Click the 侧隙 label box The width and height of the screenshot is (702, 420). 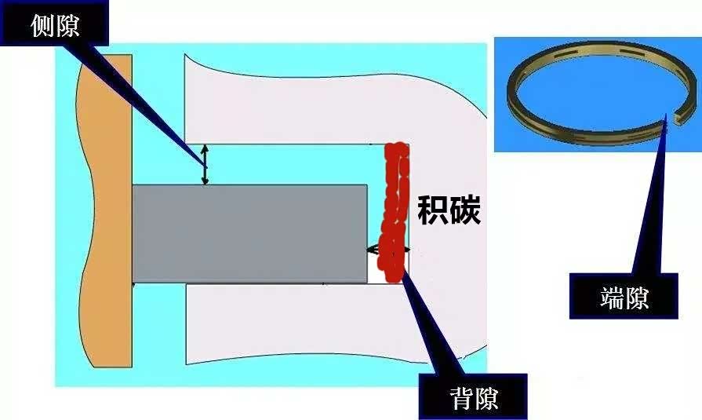pyautogui.click(x=54, y=23)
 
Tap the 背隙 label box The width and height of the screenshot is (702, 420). pyautogui.click(x=473, y=396)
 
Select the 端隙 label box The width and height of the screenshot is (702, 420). pyautogui.click(x=624, y=296)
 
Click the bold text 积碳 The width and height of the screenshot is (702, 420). pyautogui.click(x=449, y=210)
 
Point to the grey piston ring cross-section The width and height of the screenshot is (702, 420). pyautogui.click(x=250, y=233)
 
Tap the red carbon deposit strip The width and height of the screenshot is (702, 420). pyautogui.click(x=394, y=213)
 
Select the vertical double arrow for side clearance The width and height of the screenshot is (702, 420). pyautogui.click(x=205, y=165)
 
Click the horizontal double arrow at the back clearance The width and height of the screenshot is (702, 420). pyautogui.click(x=387, y=250)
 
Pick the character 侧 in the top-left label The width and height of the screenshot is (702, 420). pyautogui.click(x=42, y=25)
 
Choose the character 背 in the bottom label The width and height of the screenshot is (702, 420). pyautogui.click(x=461, y=398)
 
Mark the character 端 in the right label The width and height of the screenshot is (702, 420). pyautogui.click(x=612, y=298)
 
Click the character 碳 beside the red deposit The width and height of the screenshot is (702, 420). pyautogui.click(x=466, y=210)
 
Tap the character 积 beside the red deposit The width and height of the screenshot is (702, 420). pyautogui.click(x=433, y=210)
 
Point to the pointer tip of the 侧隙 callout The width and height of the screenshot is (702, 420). pyautogui.click(x=206, y=167)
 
